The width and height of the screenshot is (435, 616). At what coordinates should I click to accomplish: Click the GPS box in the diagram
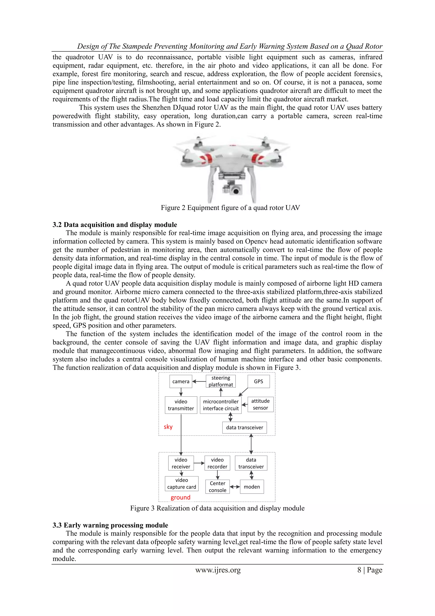click(258, 381)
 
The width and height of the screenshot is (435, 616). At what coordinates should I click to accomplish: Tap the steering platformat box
click(221, 381)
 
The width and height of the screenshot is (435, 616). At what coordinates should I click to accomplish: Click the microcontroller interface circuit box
click(221, 405)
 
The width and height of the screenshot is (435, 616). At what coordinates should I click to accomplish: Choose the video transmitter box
click(181, 405)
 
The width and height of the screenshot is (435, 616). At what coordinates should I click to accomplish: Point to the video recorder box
click(217, 463)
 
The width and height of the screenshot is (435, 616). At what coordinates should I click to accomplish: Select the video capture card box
click(182, 484)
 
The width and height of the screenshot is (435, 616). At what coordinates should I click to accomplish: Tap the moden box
click(252, 487)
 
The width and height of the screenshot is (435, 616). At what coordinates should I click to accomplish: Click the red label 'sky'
click(168, 427)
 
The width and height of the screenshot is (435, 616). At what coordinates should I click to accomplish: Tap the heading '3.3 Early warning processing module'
click(110, 525)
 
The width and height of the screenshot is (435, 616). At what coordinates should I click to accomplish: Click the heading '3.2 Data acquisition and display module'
click(115, 225)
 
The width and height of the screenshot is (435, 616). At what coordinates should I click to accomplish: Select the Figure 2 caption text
click(230, 208)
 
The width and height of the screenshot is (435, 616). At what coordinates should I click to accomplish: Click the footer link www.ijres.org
click(218, 570)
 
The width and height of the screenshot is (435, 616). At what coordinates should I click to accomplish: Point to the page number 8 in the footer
click(359, 570)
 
